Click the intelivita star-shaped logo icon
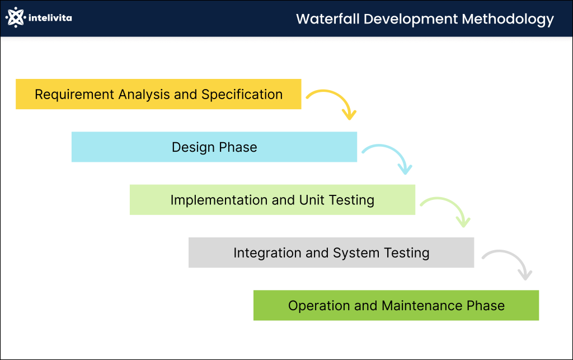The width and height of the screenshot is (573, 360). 15,17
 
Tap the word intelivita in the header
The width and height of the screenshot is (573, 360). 50,18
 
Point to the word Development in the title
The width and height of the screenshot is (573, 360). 411,19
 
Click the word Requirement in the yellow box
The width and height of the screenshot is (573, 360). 74,95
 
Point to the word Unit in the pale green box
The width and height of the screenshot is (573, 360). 311,200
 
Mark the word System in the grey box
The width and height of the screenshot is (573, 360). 356,253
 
